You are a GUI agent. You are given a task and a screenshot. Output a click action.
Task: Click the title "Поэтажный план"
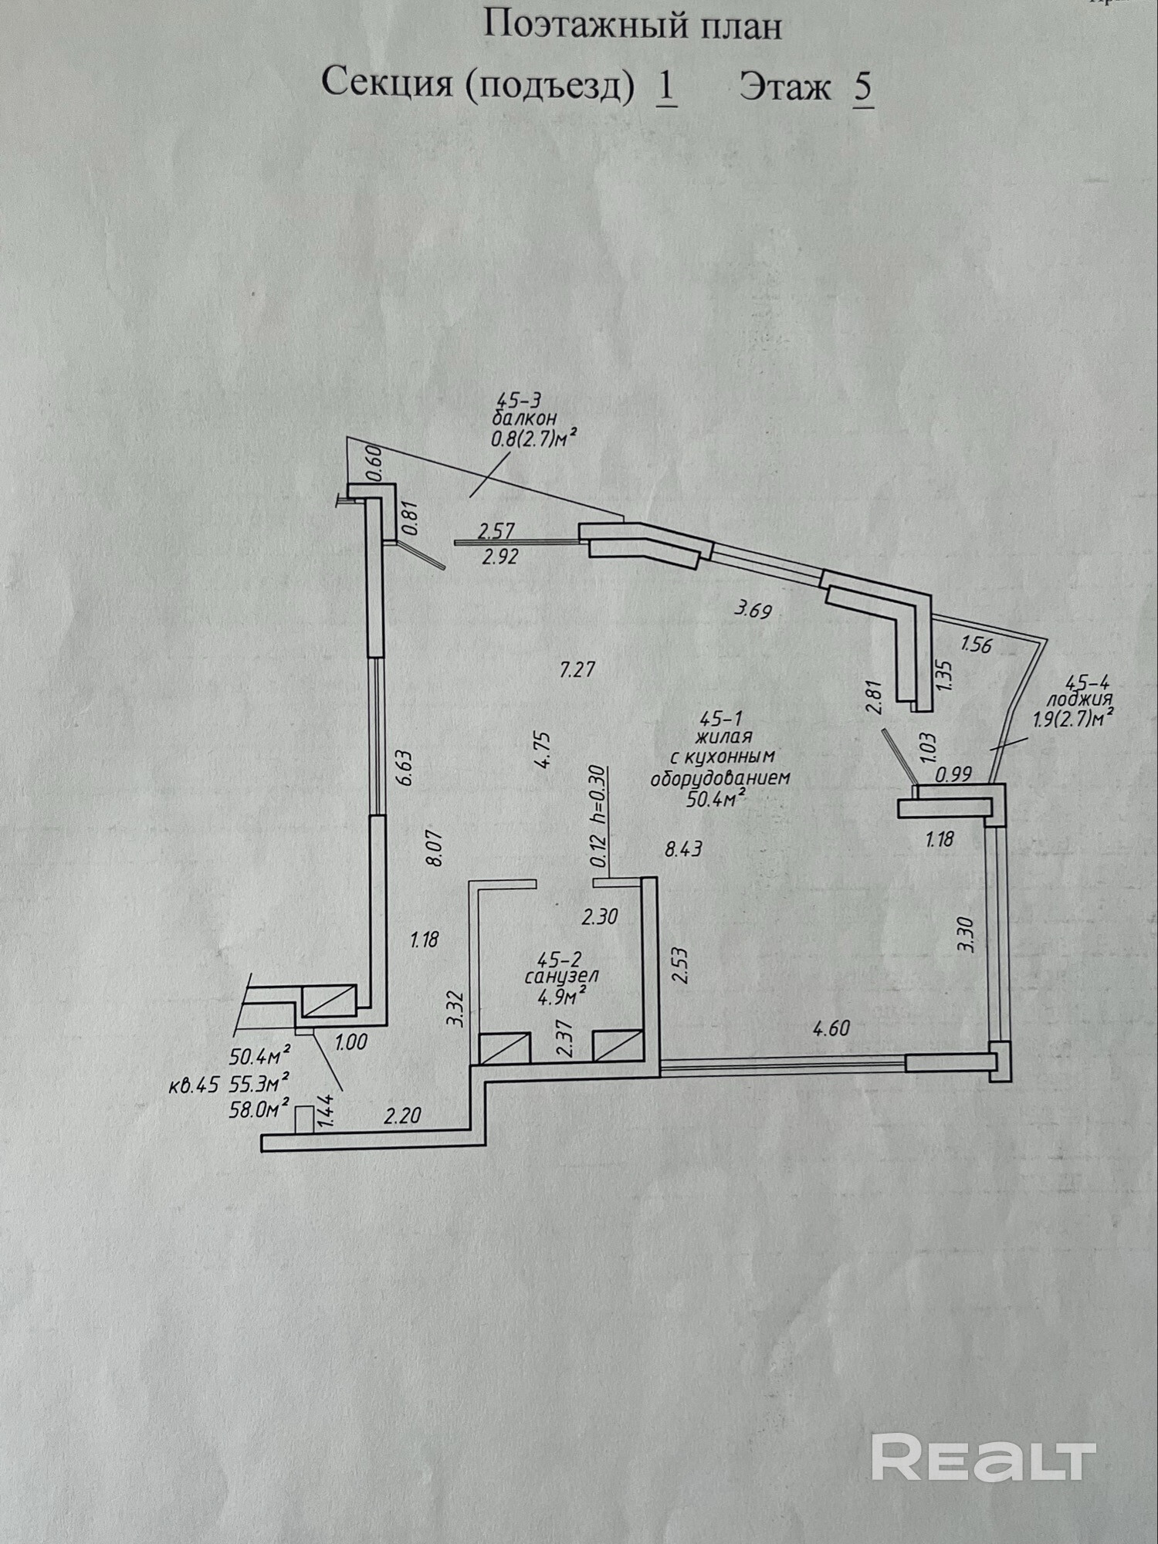(631, 26)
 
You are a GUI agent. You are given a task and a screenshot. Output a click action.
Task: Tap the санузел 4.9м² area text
(560, 978)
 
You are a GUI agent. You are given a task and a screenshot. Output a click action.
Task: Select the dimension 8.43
(683, 850)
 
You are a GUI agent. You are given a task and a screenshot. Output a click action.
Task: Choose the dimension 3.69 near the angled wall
(753, 611)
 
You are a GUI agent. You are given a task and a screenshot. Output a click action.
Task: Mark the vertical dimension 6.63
(405, 767)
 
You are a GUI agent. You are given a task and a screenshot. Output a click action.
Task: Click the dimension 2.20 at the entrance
(403, 1116)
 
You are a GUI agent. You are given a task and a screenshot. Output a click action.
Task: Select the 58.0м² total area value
(259, 1109)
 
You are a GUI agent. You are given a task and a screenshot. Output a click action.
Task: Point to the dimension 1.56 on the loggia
(976, 644)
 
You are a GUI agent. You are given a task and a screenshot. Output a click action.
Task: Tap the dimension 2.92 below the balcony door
(499, 556)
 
